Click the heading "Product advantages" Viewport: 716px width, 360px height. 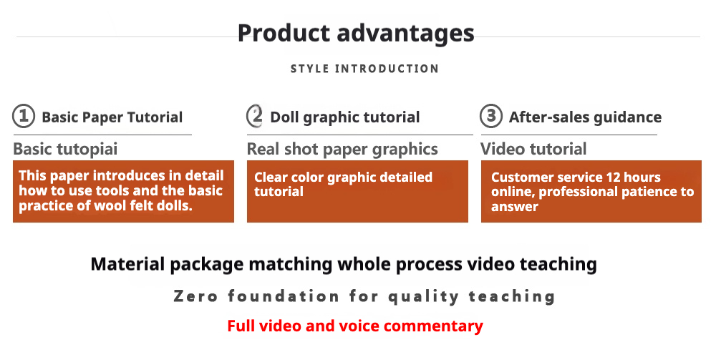click(356, 34)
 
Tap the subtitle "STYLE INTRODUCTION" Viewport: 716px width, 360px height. click(364, 69)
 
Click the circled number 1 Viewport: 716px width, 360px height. click(24, 117)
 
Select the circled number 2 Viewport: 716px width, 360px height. click(255, 116)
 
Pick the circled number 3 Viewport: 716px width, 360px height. click(491, 116)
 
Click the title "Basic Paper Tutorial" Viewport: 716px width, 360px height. click(112, 117)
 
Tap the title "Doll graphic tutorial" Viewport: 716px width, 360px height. click(345, 117)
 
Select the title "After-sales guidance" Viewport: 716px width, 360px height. click(585, 117)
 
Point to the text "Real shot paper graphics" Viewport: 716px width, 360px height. click(342, 150)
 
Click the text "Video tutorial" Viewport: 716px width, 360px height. click(533, 149)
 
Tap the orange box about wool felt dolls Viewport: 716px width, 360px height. click(123, 192)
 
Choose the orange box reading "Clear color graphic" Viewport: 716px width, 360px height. click(357, 192)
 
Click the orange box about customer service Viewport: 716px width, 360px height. click(591, 192)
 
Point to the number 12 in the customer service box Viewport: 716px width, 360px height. click(612, 177)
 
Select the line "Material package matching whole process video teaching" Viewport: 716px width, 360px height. click(344, 265)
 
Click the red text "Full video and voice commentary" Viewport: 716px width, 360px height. click(355, 326)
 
